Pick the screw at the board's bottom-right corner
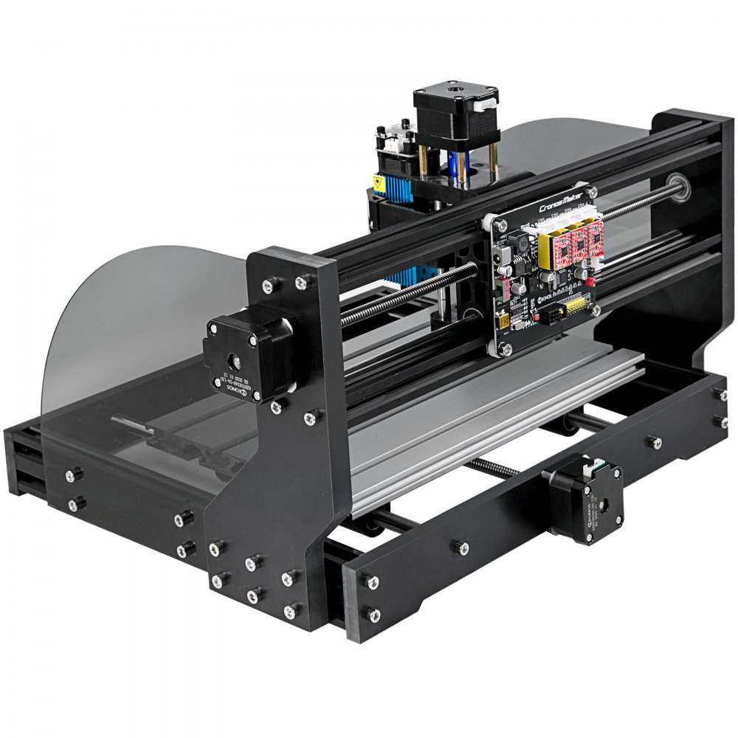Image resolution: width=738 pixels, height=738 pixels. click(x=595, y=311)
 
